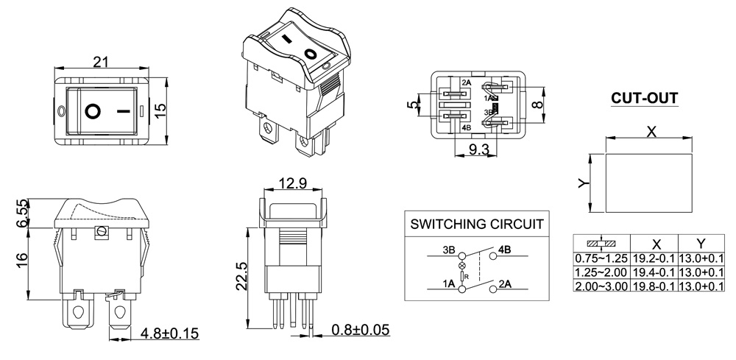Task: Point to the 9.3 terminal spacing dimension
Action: (479, 149)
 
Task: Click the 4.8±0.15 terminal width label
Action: (169, 333)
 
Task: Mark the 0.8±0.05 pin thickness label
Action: (361, 328)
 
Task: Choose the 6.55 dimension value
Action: (22, 213)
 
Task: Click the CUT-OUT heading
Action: (644, 98)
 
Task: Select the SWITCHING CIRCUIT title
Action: (477, 224)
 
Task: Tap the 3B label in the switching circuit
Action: (447, 250)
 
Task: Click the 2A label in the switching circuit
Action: (506, 283)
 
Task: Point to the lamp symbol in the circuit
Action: (462, 265)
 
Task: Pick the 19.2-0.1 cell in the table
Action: (654, 258)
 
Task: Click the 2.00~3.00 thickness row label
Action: (601, 286)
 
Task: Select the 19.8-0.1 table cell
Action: (654, 286)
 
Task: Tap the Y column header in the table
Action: (701, 244)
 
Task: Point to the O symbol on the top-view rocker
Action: (93, 111)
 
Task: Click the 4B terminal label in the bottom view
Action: (465, 127)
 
